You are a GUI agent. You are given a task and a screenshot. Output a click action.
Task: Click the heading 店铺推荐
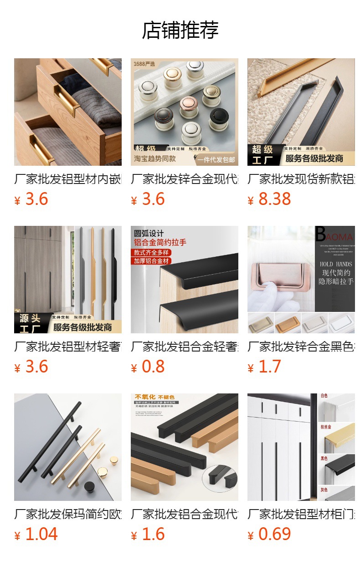coord(180,30)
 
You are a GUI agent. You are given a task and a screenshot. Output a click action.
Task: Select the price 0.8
coord(153,367)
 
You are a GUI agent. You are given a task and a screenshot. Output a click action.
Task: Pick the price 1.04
coord(41,535)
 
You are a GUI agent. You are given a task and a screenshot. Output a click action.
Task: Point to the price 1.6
coord(153,535)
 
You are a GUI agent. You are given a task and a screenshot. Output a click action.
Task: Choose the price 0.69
coord(274,535)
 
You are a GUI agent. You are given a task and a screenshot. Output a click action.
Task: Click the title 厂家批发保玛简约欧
coord(68,515)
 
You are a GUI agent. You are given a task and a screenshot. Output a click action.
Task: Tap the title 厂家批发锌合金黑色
coord(301,347)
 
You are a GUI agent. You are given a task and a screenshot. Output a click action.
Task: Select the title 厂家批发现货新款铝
coord(301,179)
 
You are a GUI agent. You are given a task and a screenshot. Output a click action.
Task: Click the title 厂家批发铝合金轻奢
coord(184,347)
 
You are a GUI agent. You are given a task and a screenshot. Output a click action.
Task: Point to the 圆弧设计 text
coord(149,234)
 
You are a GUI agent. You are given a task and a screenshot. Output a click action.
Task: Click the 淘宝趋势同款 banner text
coord(155,159)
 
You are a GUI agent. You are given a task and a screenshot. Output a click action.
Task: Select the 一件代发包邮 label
coord(216,160)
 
